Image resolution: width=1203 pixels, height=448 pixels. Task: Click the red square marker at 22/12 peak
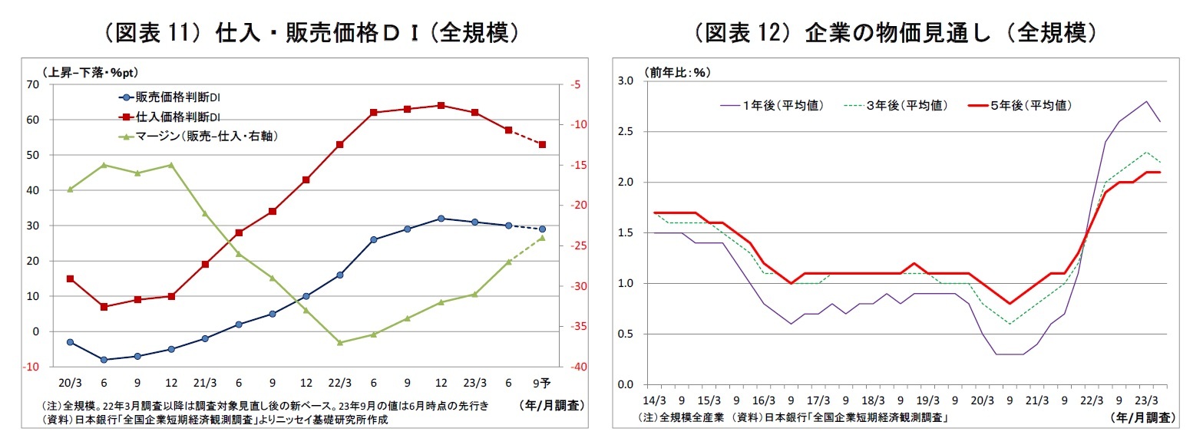coord(441,105)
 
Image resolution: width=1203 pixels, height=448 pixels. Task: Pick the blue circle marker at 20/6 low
coord(104,359)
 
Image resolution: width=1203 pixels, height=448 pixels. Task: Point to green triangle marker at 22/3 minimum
coord(339,342)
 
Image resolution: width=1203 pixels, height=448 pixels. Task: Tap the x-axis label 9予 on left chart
coord(541,382)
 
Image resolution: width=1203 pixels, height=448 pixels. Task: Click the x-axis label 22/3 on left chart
coord(339,382)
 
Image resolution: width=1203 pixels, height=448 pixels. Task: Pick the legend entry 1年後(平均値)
coord(782,105)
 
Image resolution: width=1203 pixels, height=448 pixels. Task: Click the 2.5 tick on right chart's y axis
coord(627,132)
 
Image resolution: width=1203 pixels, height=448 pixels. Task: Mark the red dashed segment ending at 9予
coord(525,137)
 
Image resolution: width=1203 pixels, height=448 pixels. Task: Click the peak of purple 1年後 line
coord(1146,101)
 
